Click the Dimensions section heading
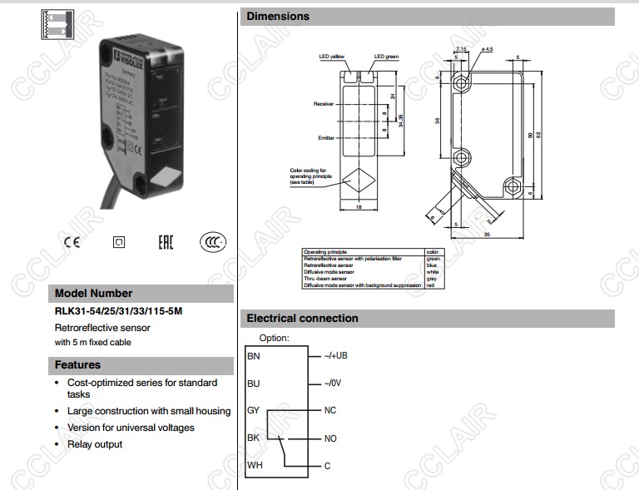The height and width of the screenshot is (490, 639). pyautogui.click(x=278, y=17)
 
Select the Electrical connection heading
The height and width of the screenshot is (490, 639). pyautogui.click(x=302, y=319)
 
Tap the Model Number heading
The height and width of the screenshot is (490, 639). pyautogui.click(x=93, y=294)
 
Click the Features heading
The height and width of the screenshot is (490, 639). pyautogui.click(x=77, y=365)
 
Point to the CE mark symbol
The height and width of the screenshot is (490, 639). pyautogui.click(x=72, y=242)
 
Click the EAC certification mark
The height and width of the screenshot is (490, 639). pyautogui.click(x=166, y=242)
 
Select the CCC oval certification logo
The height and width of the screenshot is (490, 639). pyautogui.click(x=212, y=242)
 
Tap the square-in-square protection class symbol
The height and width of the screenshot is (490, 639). pyautogui.click(x=118, y=243)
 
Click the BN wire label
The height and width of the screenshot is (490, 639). pyautogui.click(x=254, y=356)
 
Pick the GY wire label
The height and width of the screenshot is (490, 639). pyautogui.click(x=254, y=411)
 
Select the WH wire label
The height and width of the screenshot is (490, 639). pyautogui.click(x=255, y=465)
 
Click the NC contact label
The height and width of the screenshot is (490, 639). pyautogui.click(x=330, y=411)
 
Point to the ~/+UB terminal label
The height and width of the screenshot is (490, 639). pyautogui.click(x=335, y=356)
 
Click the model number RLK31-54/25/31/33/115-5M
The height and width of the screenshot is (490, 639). pyautogui.click(x=118, y=312)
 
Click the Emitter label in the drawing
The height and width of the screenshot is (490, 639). pyautogui.click(x=325, y=138)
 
